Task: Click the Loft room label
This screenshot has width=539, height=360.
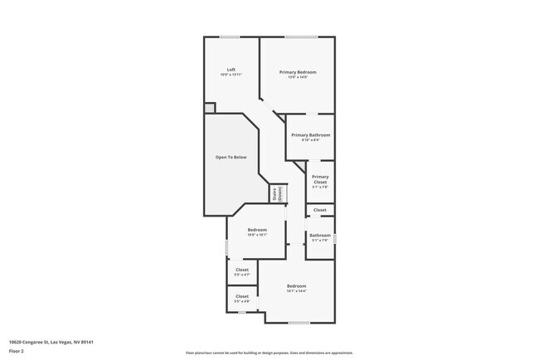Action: (231, 70)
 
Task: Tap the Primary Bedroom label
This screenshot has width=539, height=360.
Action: (297, 72)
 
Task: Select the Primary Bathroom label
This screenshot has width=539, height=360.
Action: (310, 134)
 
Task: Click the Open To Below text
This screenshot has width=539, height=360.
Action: (231, 157)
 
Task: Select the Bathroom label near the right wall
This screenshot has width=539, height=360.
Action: (320, 235)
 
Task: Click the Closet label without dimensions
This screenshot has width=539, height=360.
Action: (320, 210)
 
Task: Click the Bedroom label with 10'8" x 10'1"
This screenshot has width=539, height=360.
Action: (257, 230)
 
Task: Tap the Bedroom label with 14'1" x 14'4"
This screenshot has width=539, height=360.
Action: (297, 286)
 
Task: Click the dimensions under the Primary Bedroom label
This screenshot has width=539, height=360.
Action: (297, 77)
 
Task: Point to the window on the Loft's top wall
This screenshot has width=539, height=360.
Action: (230, 36)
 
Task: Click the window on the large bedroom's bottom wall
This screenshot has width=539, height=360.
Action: (299, 323)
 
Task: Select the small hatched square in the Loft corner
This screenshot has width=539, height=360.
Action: (210, 108)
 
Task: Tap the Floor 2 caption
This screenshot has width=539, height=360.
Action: (17, 350)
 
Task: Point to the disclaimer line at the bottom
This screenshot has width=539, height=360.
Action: (269, 353)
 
